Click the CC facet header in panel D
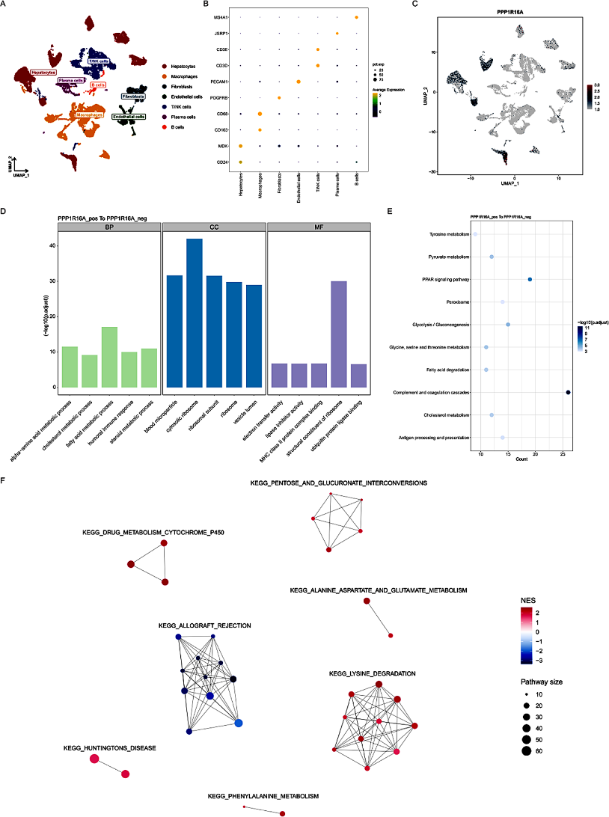tap(213, 227)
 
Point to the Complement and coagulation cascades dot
tap(569, 392)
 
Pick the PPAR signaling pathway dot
tap(530, 280)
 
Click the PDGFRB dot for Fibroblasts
tap(279, 97)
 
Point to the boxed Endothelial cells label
tap(129, 117)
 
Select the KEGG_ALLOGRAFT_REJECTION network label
tap(204, 625)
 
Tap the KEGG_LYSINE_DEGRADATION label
tap(372, 674)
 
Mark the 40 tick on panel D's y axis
tap(50, 246)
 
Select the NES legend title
tap(530, 601)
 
